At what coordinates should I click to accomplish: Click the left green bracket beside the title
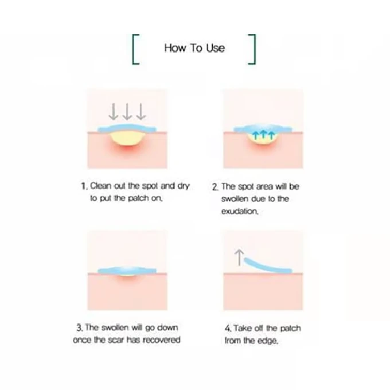(133, 49)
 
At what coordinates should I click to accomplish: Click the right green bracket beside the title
(254, 49)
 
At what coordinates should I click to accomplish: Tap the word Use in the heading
(216, 48)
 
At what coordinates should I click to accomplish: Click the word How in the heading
(175, 48)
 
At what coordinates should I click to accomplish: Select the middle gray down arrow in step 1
(127, 112)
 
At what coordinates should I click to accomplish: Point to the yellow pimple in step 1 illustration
(127, 139)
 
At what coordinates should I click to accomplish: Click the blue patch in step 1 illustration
(127, 128)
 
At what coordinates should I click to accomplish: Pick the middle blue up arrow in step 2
(263, 135)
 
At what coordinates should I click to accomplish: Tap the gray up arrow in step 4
(239, 258)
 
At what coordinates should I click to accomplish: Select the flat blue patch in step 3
(127, 270)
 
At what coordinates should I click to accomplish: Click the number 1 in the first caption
(84, 186)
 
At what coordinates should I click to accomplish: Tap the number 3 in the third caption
(79, 328)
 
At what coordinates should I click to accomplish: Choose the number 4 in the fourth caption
(228, 328)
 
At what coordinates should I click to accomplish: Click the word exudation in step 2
(240, 212)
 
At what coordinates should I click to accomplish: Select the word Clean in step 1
(100, 186)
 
